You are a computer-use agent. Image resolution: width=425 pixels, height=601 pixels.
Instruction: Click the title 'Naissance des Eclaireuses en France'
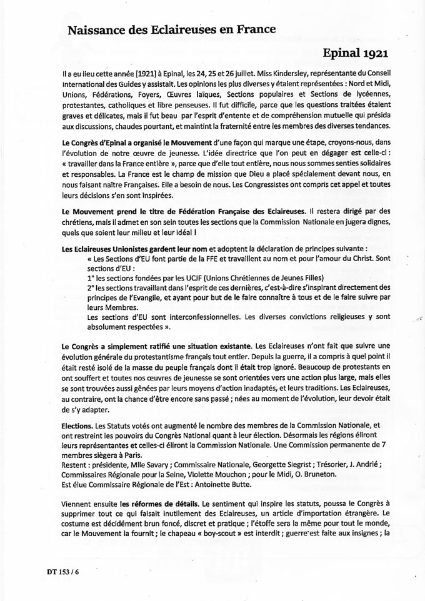[171, 29]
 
